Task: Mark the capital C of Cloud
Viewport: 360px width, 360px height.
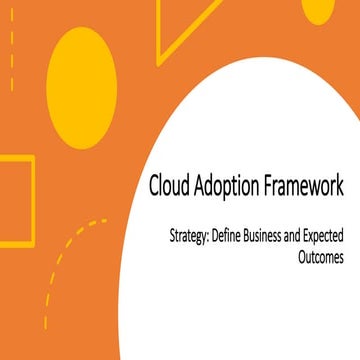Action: click(x=154, y=186)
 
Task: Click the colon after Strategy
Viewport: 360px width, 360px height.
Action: click(x=217, y=238)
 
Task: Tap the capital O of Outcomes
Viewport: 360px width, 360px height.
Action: click(x=299, y=256)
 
